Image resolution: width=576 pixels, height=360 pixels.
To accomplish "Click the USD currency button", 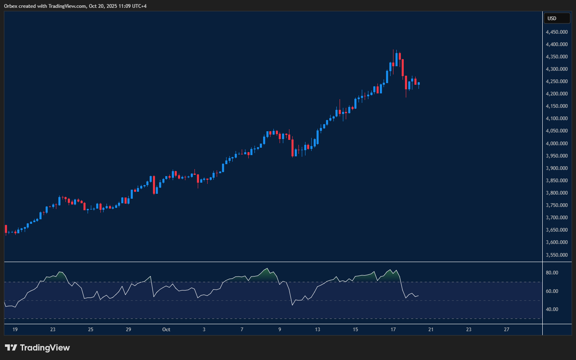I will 557,19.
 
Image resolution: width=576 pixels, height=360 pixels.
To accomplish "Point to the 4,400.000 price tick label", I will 557,44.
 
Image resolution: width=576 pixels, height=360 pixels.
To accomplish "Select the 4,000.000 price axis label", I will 557,144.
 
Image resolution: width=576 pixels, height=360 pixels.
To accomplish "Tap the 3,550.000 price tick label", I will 557,255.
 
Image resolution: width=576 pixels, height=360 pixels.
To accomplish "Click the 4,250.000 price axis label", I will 557,81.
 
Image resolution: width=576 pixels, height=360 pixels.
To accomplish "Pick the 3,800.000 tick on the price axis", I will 557,193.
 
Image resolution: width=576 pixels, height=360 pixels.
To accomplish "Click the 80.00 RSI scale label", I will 552,273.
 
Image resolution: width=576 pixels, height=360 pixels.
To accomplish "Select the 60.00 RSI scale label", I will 552,291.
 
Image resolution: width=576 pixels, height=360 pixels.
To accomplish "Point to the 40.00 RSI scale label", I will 552,309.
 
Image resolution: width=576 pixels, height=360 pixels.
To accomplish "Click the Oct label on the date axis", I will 166,330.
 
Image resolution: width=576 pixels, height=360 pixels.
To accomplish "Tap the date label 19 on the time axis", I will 15,330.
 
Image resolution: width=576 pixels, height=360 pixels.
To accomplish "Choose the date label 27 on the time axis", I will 507,330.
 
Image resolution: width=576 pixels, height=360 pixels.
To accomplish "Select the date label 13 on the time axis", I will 317,330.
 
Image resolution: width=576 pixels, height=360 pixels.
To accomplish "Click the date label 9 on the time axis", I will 280,330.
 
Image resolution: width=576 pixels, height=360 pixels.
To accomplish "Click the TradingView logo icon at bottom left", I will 11,348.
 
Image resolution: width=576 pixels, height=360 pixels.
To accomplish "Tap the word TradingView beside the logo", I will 45,348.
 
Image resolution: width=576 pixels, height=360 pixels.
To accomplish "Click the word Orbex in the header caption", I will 10,6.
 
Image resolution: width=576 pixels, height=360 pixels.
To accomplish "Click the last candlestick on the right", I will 419,84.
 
